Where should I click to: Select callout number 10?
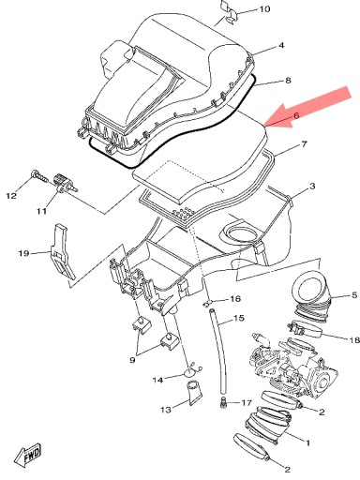(x=264, y=8)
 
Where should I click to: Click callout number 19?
(x=23, y=253)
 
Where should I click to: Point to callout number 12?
(x=11, y=196)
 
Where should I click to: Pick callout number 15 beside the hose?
(x=239, y=318)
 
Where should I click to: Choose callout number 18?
(x=354, y=339)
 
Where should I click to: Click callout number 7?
(x=304, y=144)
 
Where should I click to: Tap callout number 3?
(x=312, y=187)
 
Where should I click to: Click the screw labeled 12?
(x=39, y=177)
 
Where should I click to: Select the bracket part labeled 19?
(x=63, y=251)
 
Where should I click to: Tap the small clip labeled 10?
(x=229, y=12)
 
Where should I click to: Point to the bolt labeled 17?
(x=223, y=401)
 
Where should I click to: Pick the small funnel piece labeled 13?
(x=194, y=392)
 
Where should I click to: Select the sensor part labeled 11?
(x=66, y=184)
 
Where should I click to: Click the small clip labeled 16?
(x=207, y=303)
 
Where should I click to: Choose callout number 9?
(x=132, y=360)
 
